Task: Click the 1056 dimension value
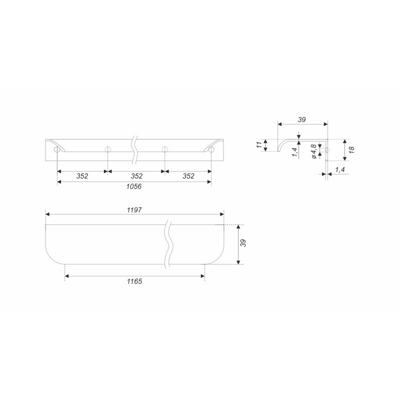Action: pyautogui.click(x=134, y=186)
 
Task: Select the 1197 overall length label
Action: pyautogui.click(x=134, y=210)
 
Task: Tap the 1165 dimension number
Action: pyautogui.click(x=134, y=281)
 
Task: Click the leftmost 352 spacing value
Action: pyautogui.click(x=82, y=176)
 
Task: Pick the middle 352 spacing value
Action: pyautogui.click(x=136, y=176)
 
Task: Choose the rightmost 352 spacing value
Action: pyautogui.click(x=188, y=176)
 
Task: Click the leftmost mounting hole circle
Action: pyautogui.click(x=57, y=149)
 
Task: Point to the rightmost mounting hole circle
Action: pyautogui.click(x=211, y=149)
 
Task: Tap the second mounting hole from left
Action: pyautogui.click(x=108, y=149)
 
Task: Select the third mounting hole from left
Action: pyautogui.click(x=165, y=149)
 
